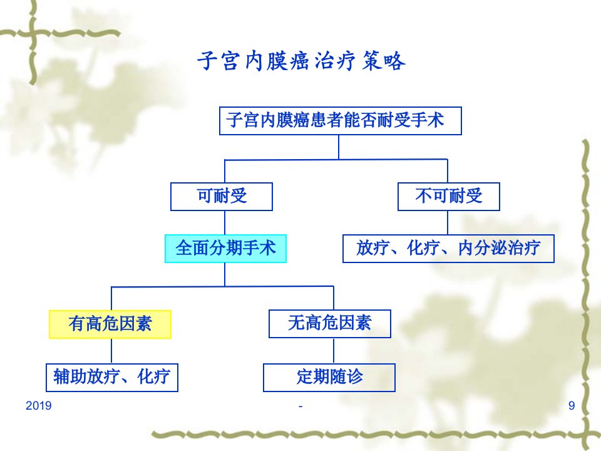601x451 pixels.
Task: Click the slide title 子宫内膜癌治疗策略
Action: (x=301, y=61)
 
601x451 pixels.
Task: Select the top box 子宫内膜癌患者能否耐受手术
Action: (x=341, y=121)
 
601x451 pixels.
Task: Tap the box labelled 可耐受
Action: (x=222, y=196)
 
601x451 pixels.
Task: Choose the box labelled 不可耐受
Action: (x=449, y=196)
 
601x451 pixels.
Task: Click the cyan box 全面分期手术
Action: (x=226, y=249)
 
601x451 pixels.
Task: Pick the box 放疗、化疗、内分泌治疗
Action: (x=448, y=249)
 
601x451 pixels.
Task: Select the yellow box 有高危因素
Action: (x=110, y=324)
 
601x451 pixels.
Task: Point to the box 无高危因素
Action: (x=330, y=324)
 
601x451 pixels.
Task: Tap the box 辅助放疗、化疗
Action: (x=112, y=377)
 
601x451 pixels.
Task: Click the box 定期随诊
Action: (x=329, y=377)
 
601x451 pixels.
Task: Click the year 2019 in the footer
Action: (x=38, y=406)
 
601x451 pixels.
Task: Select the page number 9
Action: (x=572, y=406)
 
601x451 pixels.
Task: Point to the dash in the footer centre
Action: (x=300, y=406)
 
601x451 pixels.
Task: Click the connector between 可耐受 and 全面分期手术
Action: (x=225, y=223)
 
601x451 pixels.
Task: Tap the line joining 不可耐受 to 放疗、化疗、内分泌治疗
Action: (x=448, y=223)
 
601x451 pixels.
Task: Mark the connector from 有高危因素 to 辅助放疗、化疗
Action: (x=111, y=351)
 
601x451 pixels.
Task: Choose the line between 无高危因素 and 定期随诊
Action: (x=334, y=351)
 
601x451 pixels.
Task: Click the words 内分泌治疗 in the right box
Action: (x=500, y=248)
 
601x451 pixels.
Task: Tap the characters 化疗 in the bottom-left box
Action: (x=154, y=376)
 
